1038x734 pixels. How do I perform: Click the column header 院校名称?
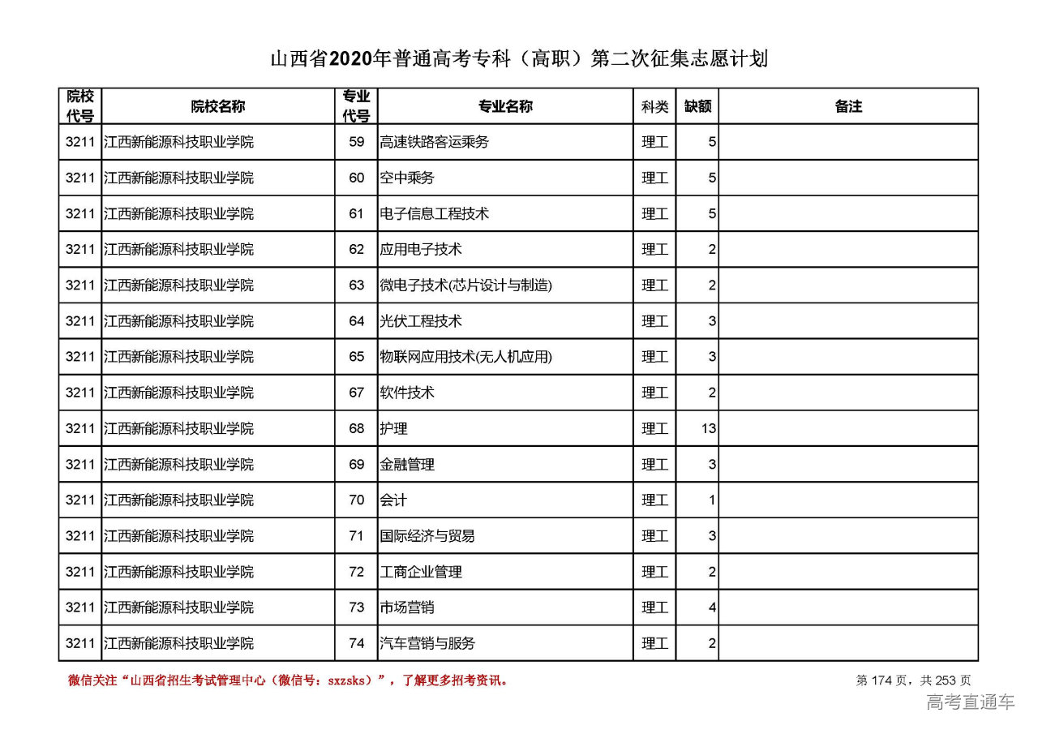click(218, 106)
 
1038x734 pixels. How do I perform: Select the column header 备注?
click(848, 106)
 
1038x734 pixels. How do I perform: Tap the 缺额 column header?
click(697, 106)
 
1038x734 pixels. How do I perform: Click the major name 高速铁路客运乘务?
click(435, 142)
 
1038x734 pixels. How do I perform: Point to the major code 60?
click(357, 178)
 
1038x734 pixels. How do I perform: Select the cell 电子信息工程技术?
click(435, 213)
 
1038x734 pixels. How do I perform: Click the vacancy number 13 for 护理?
click(709, 428)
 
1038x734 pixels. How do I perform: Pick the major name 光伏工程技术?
click(421, 321)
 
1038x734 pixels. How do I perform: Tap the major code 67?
click(357, 393)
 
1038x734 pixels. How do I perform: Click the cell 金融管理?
click(407, 464)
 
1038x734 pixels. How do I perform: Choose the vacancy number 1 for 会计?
click(712, 500)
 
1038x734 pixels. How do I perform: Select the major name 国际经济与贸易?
click(427, 536)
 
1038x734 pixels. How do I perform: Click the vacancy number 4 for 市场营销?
click(712, 607)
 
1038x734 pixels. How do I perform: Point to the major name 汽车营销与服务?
click(427, 643)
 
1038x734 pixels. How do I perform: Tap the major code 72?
click(357, 572)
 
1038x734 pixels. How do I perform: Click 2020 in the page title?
click(351, 59)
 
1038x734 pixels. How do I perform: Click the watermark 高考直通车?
click(970, 702)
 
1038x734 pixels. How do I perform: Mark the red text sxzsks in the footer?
click(350, 680)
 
